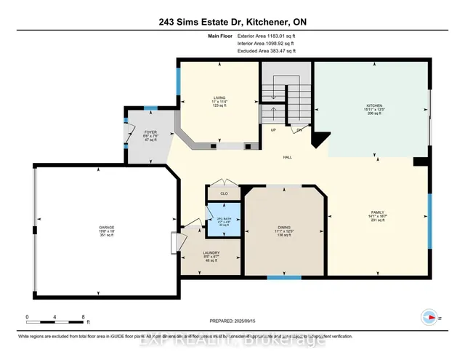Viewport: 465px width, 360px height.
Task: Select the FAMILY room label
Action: (378, 212)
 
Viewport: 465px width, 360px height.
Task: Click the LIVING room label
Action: (219, 97)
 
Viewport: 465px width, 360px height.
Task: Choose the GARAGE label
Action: (107, 228)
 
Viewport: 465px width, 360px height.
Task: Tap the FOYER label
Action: (150, 132)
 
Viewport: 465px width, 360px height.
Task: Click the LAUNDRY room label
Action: (212, 253)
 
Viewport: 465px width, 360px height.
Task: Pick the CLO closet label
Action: (225, 194)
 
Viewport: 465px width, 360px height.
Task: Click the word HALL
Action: (288, 157)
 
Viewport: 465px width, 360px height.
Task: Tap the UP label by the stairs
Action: (273, 130)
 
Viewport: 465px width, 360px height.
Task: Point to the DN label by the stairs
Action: (299, 130)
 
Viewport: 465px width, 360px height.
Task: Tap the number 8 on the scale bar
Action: (84, 317)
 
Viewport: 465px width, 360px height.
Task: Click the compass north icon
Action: (428, 317)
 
